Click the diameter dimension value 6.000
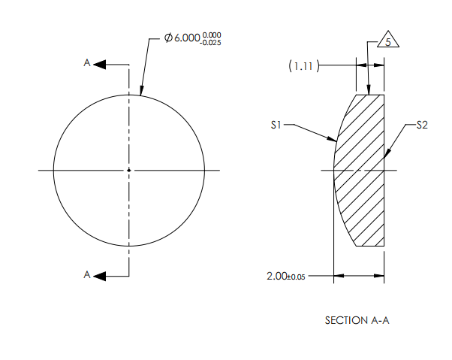187,38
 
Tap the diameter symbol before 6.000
168,38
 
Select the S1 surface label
276,126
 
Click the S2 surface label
422,126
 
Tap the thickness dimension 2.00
276,277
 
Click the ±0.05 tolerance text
296,277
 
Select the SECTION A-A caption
357,320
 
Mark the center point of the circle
129,171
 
